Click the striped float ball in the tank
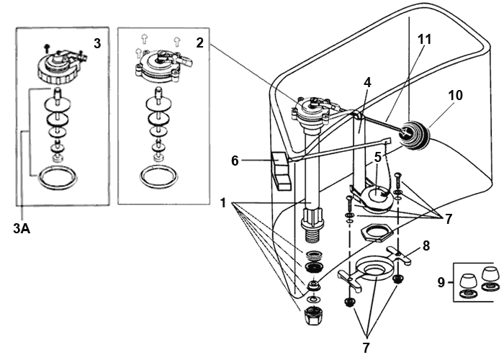[415, 135]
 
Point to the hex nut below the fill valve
[313, 315]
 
